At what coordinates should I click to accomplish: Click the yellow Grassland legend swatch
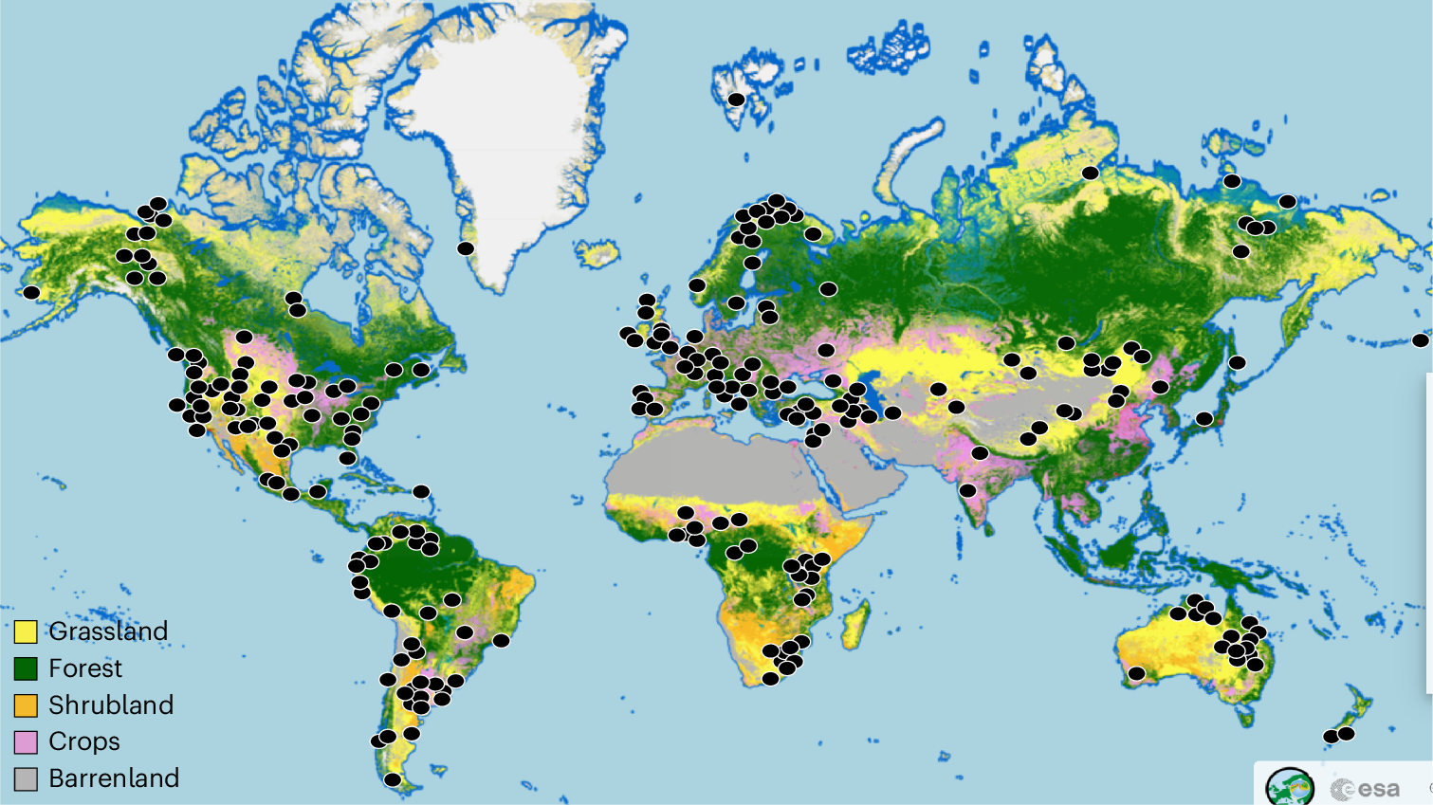[x=26, y=631]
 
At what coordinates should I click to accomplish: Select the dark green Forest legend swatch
[x=26, y=668]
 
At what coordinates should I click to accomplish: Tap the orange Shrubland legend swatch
[x=26, y=705]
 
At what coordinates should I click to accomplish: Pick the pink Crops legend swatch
[x=26, y=741]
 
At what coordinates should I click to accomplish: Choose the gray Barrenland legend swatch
[x=26, y=778]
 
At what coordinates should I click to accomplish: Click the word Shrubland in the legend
[x=111, y=705]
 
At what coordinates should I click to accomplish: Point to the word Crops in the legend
[x=84, y=741]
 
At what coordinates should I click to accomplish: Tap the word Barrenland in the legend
[x=114, y=778]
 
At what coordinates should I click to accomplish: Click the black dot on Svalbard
[x=736, y=100]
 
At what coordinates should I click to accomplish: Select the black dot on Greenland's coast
[x=466, y=248]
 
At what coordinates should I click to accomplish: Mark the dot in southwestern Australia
[x=1136, y=674]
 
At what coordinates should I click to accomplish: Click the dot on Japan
[x=1204, y=418]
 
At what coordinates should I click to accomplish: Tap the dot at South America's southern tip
[x=393, y=780]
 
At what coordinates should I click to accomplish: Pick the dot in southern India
[x=967, y=490]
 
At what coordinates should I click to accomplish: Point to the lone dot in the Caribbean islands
[x=421, y=492]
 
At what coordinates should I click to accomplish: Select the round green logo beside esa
[x=1290, y=787]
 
